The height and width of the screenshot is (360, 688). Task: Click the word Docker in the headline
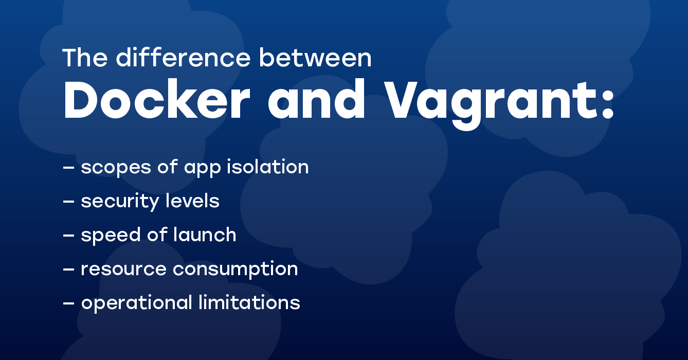(157, 98)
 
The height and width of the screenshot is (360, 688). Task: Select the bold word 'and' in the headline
(316, 98)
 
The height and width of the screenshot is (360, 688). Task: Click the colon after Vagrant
(608, 102)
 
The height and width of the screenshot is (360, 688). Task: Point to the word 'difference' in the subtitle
(183, 58)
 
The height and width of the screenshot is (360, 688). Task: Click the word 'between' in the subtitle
(315, 58)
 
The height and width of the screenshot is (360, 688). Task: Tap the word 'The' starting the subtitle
(85, 58)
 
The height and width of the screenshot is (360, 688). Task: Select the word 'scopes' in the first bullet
(116, 168)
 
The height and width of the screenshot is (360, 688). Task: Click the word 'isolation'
(267, 167)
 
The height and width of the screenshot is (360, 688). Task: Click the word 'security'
(120, 202)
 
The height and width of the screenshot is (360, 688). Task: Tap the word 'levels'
(193, 201)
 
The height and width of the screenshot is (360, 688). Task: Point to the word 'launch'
(205, 235)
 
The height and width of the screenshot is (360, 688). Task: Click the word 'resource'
(123, 269)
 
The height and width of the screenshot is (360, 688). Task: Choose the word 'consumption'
(236, 269)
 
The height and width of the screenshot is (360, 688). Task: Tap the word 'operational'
(137, 303)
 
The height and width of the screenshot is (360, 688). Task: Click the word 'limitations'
(249, 302)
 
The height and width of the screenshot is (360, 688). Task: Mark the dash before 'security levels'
(68, 202)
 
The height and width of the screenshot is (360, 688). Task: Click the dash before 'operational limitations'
(68, 303)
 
